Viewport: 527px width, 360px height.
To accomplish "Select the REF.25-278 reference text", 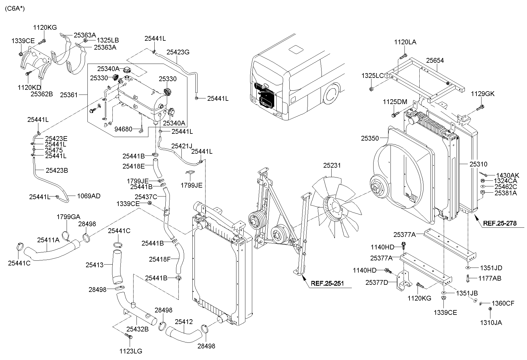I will (x=500, y=223).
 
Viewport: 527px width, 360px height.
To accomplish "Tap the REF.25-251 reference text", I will (x=327, y=283).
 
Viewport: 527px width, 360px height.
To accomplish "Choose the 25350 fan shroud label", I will (x=370, y=138).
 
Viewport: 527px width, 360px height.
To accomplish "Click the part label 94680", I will (x=123, y=129).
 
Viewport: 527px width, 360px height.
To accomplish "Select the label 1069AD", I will (x=89, y=196).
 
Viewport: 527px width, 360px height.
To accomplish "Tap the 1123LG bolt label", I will (x=131, y=351).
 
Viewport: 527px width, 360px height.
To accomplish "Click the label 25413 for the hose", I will (x=95, y=265).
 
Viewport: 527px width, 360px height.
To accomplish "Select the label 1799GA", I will (x=68, y=217).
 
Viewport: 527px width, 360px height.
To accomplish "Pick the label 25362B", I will (x=42, y=94).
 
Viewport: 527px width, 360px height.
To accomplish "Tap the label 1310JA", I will (x=491, y=323).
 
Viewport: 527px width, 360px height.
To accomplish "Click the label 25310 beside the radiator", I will (x=479, y=164).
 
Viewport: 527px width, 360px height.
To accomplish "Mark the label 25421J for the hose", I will (x=182, y=146).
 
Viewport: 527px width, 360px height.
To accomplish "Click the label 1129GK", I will (x=483, y=94).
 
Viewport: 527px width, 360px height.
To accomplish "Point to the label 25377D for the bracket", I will (x=377, y=282).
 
